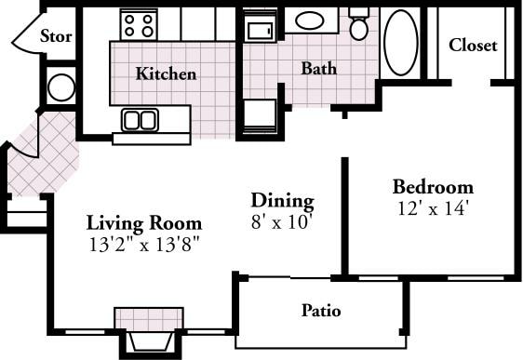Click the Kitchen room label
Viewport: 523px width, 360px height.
tap(166, 73)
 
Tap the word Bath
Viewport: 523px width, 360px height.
tap(318, 69)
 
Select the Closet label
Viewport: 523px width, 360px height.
tap(473, 45)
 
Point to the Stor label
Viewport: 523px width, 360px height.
tap(57, 38)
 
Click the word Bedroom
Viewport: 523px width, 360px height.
tap(432, 186)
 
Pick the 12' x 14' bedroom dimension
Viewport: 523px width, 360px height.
tap(430, 207)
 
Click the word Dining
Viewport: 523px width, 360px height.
tap(282, 200)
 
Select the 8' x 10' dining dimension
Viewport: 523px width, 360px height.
tap(281, 221)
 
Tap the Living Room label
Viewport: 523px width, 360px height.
tap(144, 223)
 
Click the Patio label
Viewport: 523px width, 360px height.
tap(321, 310)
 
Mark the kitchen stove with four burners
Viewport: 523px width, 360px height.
tap(140, 23)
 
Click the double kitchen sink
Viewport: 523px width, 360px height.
tap(140, 119)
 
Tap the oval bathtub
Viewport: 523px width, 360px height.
tap(401, 43)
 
